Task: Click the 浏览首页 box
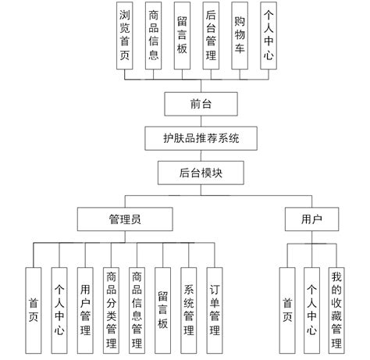(125, 37)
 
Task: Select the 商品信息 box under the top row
(154, 37)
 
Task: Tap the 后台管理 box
(211, 37)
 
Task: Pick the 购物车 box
(240, 37)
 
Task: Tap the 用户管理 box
(85, 309)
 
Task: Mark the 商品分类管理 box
(111, 309)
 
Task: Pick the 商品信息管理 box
(137, 309)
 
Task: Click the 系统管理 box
(188, 309)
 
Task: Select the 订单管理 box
(214, 309)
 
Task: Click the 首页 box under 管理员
(34, 309)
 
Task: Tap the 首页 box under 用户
(287, 309)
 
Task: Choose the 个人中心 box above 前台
(268, 37)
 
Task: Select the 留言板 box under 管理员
(162, 309)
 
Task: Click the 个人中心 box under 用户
(311, 309)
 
